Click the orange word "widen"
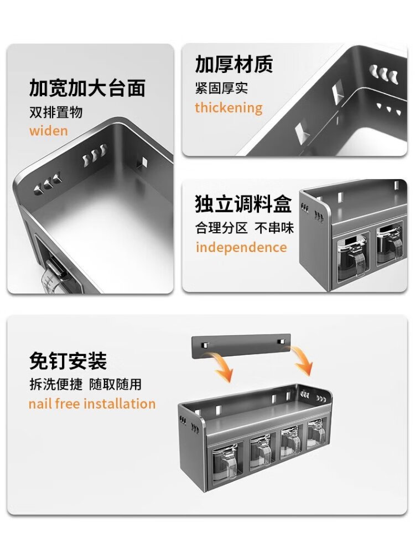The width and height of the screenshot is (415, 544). (x=49, y=131)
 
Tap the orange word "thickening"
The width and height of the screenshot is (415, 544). (x=229, y=108)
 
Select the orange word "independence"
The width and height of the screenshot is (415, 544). (x=241, y=247)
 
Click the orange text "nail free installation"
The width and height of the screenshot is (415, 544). (x=92, y=404)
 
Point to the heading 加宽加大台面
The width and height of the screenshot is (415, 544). (x=87, y=88)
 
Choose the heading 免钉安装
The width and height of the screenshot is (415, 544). (x=68, y=361)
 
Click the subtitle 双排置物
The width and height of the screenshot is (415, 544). (x=55, y=112)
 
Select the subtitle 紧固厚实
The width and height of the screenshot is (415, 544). (x=221, y=88)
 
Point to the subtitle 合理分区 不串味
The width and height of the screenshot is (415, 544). (x=245, y=228)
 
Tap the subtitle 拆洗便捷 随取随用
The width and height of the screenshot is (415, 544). (x=85, y=384)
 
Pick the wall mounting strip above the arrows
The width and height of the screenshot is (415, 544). (x=241, y=345)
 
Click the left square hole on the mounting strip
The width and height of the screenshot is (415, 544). (x=205, y=344)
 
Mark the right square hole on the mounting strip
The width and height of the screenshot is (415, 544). (x=280, y=342)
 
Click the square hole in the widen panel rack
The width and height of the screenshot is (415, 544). (x=142, y=161)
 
